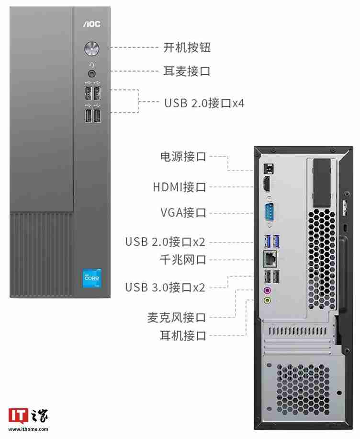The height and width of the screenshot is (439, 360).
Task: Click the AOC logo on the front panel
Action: click(92, 23)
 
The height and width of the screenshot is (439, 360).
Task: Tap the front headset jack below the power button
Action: click(92, 73)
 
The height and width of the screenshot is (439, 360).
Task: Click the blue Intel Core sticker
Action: click(92, 279)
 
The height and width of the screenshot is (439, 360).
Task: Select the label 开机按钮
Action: click(187, 47)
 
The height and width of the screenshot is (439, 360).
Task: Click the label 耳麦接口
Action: click(187, 71)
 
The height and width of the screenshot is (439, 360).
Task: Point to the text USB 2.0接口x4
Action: click(204, 103)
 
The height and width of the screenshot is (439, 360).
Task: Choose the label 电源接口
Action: click(182, 157)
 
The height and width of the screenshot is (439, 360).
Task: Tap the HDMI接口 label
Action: click(180, 186)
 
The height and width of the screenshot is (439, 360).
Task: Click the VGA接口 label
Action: click(182, 212)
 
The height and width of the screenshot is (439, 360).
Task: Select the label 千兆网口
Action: click(182, 260)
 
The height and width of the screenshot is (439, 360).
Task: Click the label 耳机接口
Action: click(182, 335)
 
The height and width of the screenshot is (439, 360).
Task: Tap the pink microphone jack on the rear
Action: click(268, 290)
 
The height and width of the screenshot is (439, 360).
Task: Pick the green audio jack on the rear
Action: click(268, 300)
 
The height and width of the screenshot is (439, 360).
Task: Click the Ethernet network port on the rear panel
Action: click(270, 259)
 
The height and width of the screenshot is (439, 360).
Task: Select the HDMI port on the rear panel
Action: click(268, 185)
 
